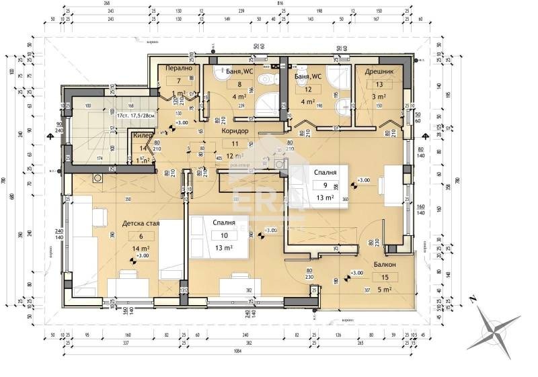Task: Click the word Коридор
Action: pyautogui.click(x=234, y=131)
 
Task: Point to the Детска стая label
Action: pyautogui.click(x=141, y=224)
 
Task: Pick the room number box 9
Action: pyautogui.click(x=325, y=185)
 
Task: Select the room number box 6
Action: pyautogui.click(x=141, y=236)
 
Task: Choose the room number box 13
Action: pyautogui.click(x=379, y=85)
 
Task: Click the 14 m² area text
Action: pyautogui.click(x=142, y=248)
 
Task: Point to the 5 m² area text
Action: pyautogui.click(x=385, y=290)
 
